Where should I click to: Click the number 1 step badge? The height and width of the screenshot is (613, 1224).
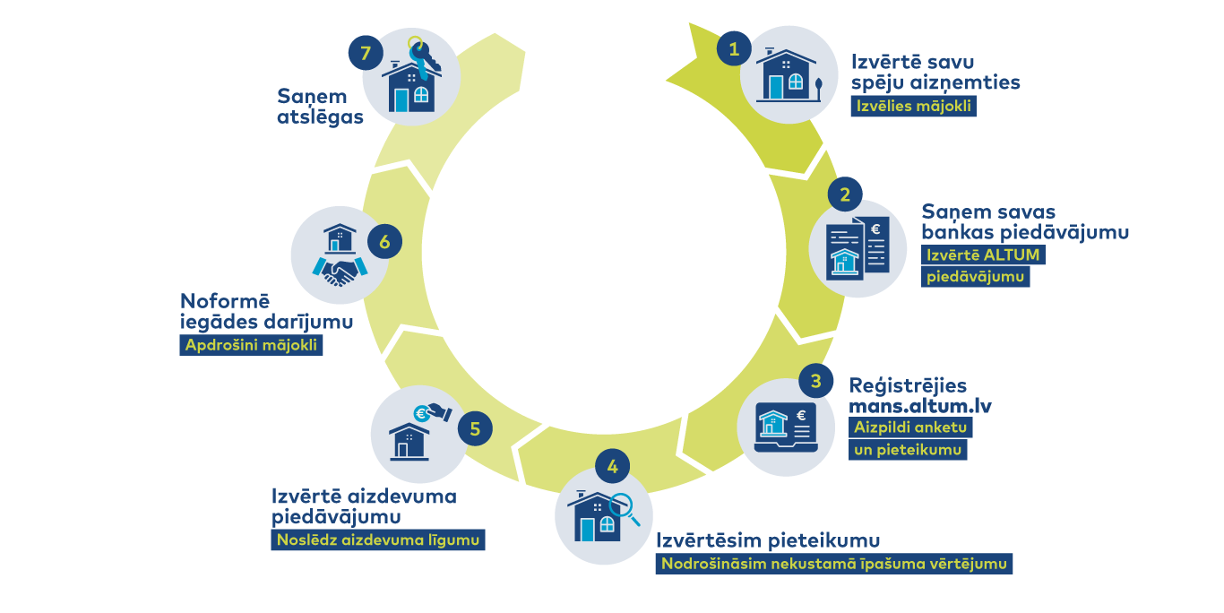pyautogui.click(x=734, y=49)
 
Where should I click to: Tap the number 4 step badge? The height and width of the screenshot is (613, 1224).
pyautogui.click(x=612, y=467)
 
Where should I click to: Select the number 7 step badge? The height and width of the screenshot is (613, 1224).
pyautogui.click(x=366, y=53)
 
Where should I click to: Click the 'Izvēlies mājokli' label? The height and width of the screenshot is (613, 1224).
pyautogui.click(x=913, y=107)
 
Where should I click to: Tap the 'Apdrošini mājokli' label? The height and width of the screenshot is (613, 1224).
pyautogui.click(x=251, y=345)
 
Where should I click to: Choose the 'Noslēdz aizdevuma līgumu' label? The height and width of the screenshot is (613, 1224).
pyautogui.click(x=378, y=540)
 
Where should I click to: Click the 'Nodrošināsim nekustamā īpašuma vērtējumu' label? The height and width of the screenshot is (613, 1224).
pyautogui.click(x=834, y=564)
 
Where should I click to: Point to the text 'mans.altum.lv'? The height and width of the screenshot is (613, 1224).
pyautogui.click(x=920, y=405)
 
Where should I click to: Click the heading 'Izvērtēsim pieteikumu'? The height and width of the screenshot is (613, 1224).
pyautogui.click(x=768, y=540)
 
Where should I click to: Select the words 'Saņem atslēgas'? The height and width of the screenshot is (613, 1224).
pyautogui.click(x=320, y=105)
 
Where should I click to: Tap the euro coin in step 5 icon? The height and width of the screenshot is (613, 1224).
pyautogui.click(x=421, y=413)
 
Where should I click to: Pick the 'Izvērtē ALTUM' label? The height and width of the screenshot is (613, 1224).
pyautogui.click(x=984, y=255)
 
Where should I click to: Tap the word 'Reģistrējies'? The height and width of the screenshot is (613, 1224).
pyautogui.click(x=908, y=385)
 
